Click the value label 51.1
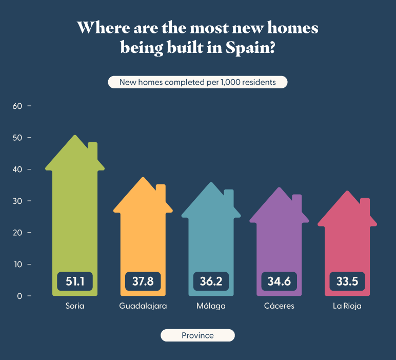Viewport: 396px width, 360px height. tap(75, 281)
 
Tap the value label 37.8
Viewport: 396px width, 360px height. tap(143, 281)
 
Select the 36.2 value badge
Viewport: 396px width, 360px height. tap(211, 281)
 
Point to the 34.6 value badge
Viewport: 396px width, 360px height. tap(279, 281)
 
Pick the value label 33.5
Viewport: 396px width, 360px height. tap(347, 281)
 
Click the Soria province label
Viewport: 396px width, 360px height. tap(75, 306)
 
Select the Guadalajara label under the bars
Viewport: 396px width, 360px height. tap(143, 306)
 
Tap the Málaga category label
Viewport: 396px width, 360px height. tap(211, 306)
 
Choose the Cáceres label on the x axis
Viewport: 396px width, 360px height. tap(279, 306)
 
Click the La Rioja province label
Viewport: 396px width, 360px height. tap(347, 306)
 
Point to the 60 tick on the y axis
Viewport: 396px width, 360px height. tap(18, 106)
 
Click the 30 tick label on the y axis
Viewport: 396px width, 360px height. tap(18, 201)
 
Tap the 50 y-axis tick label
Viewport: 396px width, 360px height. tap(18, 138)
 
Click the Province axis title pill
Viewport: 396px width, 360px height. tap(197, 335)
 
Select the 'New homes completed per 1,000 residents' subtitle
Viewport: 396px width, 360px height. tap(197, 82)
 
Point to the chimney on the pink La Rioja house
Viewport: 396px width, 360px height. tap(365, 205)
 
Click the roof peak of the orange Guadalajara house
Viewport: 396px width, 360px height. tap(144, 179)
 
